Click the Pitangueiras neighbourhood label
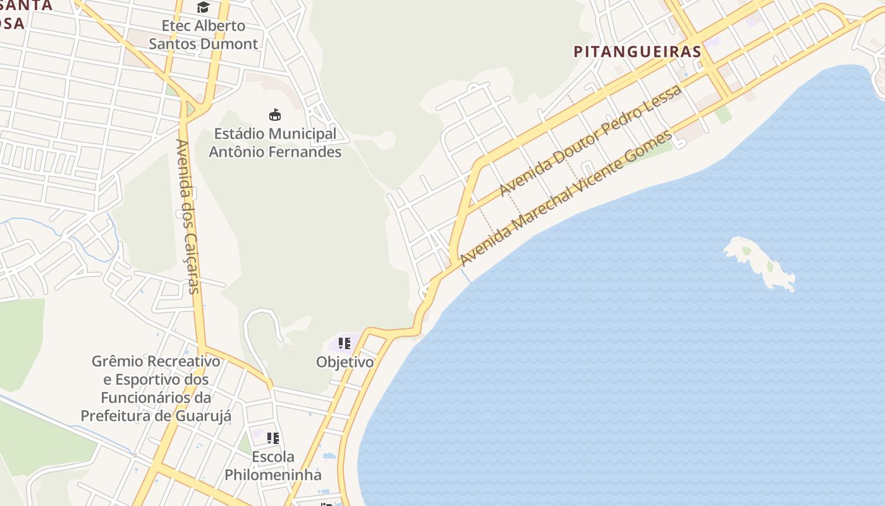click(x=637, y=52)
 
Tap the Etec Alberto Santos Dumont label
click(x=204, y=35)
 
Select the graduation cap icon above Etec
click(x=203, y=7)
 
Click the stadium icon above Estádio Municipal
click(x=275, y=115)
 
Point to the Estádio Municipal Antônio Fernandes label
click(x=275, y=143)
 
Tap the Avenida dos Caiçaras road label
click(x=188, y=216)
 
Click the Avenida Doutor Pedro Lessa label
click(x=590, y=140)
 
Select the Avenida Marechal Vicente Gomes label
click(x=566, y=198)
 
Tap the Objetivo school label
click(x=345, y=362)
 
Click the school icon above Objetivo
click(x=345, y=343)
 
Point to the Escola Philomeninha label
click(x=273, y=466)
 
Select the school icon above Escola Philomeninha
click(x=273, y=438)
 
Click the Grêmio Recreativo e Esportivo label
click(x=156, y=388)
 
